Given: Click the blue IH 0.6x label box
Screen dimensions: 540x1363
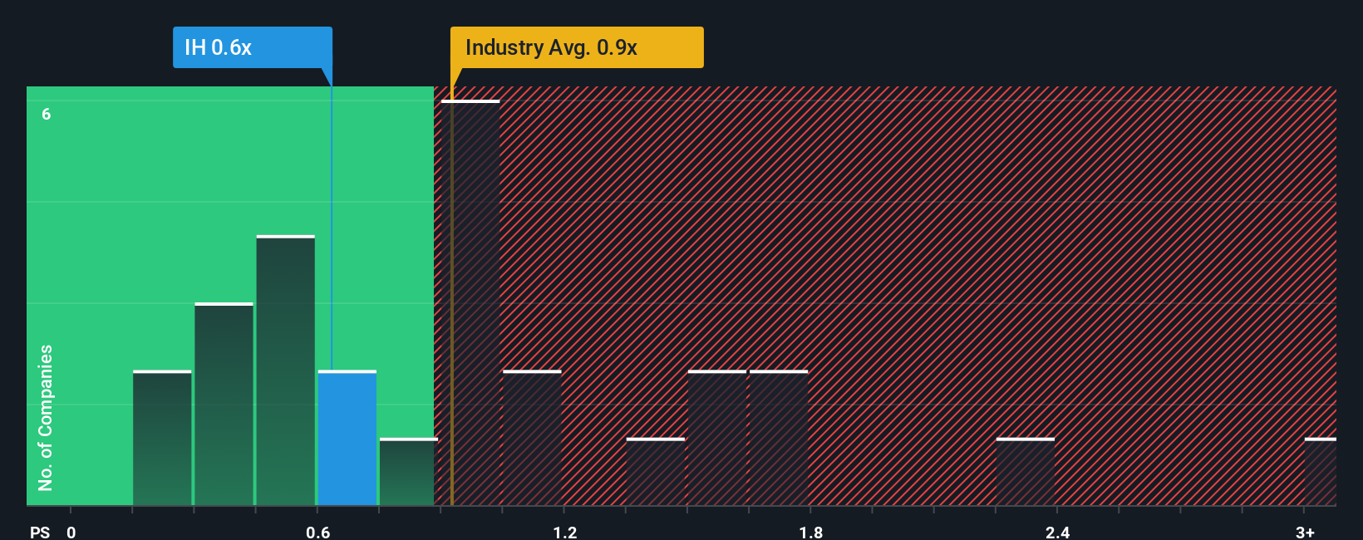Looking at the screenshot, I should pos(252,47).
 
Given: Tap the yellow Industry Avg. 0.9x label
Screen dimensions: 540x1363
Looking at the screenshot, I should pos(576,47).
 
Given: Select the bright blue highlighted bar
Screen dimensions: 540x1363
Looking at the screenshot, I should pos(347,438).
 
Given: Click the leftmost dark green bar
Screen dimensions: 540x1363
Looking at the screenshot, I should pos(162,438).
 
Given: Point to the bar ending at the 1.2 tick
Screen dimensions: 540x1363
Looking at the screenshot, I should pos(532,438).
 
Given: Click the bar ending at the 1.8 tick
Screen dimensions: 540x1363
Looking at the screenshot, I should pos(779,438).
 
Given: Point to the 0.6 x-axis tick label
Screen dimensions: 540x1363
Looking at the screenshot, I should pos(317,532).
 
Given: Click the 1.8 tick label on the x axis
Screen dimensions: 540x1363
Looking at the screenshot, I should pos(811,532).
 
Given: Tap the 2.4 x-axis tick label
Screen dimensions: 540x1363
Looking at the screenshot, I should pos(1057,532).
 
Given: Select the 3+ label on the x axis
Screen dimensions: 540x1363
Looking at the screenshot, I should pos(1305,532).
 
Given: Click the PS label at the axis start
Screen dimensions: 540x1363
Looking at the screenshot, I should pos(40,532).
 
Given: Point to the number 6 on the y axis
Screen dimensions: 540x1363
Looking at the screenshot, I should pos(47,114).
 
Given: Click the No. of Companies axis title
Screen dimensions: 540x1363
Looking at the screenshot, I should pos(46,417).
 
